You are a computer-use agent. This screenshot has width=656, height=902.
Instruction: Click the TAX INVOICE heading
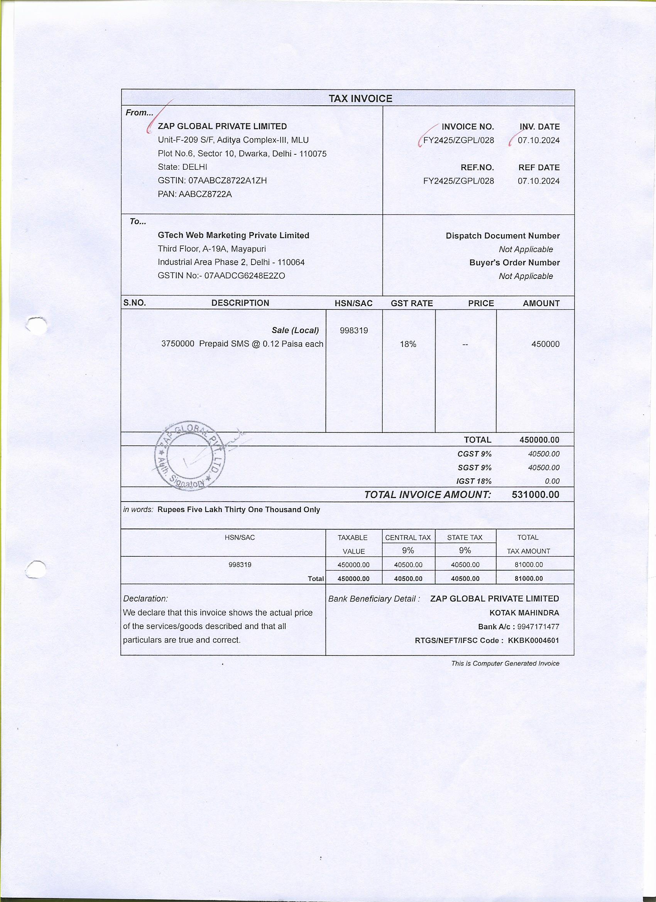pos(360,99)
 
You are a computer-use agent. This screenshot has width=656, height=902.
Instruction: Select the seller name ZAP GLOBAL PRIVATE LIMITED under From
pos(222,127)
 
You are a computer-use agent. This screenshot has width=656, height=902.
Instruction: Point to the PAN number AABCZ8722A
pos(205,194)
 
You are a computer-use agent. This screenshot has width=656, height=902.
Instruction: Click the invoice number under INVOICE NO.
pos(458,140)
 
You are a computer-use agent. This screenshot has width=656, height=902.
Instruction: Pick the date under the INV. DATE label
pos(538,140)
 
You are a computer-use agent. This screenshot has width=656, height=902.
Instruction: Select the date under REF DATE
pos(538,181)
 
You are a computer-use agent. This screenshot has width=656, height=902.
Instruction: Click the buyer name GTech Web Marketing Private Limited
pos(233,235)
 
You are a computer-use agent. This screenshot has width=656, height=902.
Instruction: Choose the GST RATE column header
pos(411,304)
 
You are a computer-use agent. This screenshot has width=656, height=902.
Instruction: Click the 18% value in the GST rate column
pos(408,345)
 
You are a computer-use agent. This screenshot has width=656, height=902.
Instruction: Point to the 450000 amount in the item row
pos(545,345)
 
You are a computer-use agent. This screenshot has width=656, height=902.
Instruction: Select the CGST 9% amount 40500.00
pos(543,454)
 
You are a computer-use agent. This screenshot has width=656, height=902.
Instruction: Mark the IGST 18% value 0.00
pos(552,481)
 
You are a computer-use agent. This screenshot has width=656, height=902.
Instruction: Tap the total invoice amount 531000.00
pos(535,495)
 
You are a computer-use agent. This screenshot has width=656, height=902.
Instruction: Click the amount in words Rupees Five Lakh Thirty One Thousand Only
pos(239,510)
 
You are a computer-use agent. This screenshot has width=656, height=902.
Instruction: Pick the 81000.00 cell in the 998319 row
pos(528,565)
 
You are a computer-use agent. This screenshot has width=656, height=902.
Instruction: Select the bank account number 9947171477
pos(538,627)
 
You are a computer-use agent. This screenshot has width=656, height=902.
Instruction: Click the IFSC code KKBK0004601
pos(533,640)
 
